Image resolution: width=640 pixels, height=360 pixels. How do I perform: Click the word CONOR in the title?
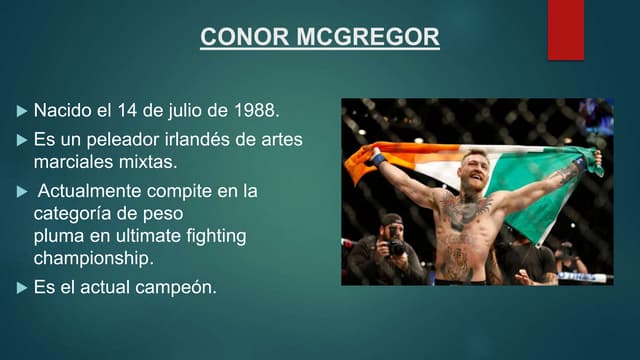(x=233, y=38)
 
